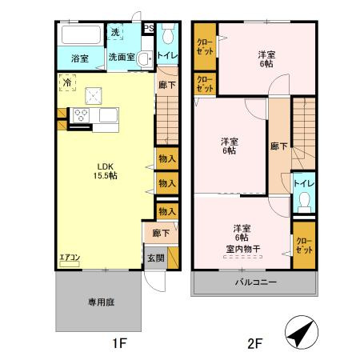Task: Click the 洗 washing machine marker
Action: [115, 32]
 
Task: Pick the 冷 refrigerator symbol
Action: [67, 82]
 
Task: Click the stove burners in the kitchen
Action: [82, 117]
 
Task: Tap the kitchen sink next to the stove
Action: [107, 117]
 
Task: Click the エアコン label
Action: [70, 257]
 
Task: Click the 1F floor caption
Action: [120, 344]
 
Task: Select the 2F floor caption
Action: [254, 344]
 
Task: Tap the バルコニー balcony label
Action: [254, 282]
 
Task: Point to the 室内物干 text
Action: [240, 248]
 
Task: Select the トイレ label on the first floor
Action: [167, 56]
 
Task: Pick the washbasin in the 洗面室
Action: [142, 58]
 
